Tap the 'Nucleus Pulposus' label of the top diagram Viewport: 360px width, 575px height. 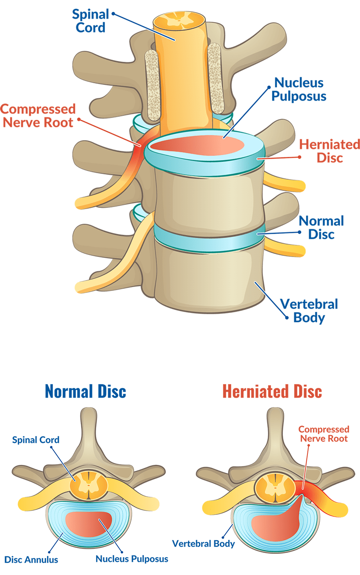point(299,89)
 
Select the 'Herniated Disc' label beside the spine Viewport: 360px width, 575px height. point(330,151)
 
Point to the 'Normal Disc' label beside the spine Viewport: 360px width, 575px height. point(321,227)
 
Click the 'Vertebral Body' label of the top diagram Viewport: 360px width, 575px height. point(309,310)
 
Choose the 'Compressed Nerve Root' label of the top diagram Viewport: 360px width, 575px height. point(38,116)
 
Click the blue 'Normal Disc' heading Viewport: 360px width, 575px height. point(85,392)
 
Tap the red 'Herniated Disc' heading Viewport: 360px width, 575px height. point(272,392)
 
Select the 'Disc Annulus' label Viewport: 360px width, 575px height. point(31,559)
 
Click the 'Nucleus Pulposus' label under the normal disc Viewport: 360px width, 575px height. point(132,558)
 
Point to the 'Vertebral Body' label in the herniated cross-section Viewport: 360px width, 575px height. point(203,544)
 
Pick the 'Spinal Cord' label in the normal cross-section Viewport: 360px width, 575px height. point(36,440)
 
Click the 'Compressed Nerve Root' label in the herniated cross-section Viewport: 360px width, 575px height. point(324,434)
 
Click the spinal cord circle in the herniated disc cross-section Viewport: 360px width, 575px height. point(275,487)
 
